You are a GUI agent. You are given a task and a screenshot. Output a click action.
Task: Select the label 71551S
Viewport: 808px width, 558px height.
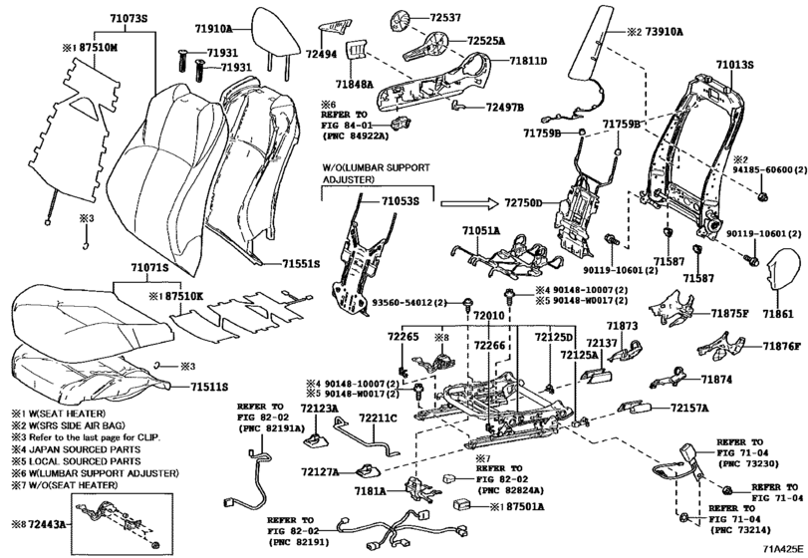(299, 264)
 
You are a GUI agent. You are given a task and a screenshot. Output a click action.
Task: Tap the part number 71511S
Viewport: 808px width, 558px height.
(209, 386)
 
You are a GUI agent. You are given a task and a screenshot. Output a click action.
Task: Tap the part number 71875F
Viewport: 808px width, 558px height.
(728, 313)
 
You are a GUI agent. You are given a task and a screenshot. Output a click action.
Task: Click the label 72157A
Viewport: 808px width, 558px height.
(689, 409)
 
